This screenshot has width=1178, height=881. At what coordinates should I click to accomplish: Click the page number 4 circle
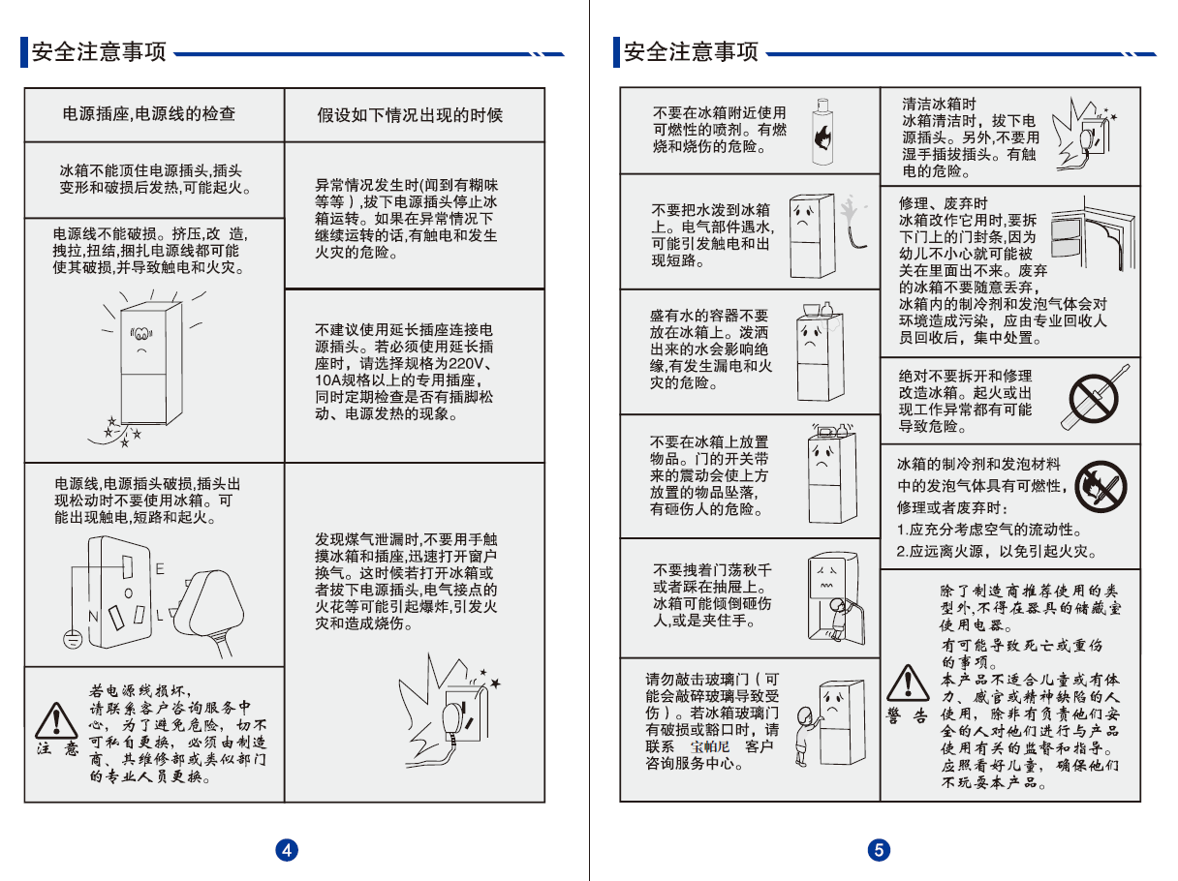pyautogui.click(x=287, y=850)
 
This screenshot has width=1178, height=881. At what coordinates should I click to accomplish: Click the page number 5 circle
pyautogui.click(x=879, y=850)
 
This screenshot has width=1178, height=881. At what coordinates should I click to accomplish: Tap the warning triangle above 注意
pyautogui.click(x=56, y=720)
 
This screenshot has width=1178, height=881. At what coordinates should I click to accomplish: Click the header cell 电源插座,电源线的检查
pyautogui.click(x=149, y=114)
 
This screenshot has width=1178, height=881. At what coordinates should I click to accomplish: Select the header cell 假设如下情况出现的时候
pyautogui.click(x=410, y=115)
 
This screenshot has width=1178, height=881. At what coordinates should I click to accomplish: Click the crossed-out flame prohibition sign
pyautogui.click(x=1100, y=486)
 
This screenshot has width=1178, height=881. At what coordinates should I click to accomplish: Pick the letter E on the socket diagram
pyautogui.click(x=160, y=568)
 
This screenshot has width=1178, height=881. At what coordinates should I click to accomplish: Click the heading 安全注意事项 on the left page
pyautogui.click(x=99, y=52)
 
